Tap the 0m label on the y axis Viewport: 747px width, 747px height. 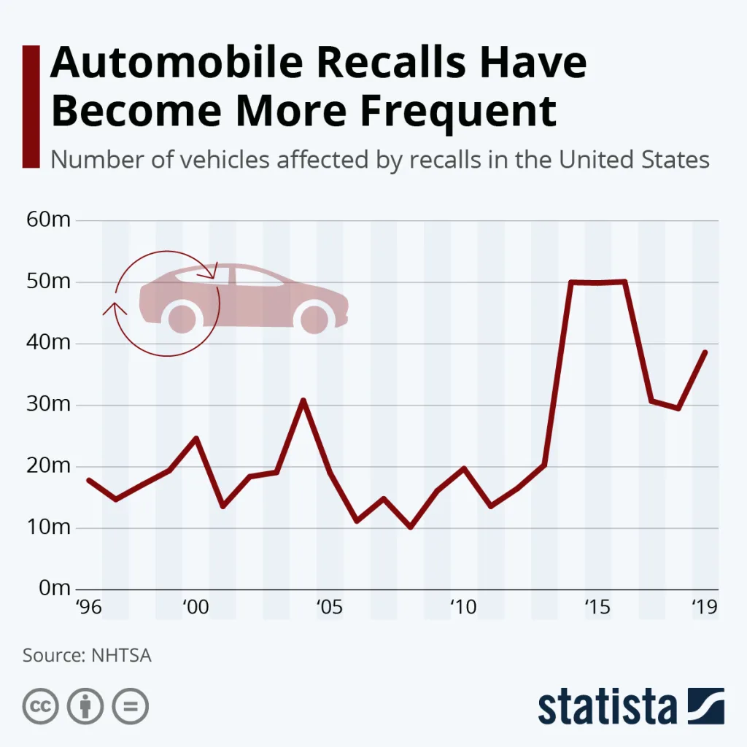[54, 588]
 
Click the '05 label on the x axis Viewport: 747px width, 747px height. [329, 607]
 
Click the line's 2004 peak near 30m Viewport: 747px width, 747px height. [303, 400]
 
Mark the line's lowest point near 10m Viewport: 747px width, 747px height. [411, 526]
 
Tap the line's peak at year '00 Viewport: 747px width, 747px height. [196, 438]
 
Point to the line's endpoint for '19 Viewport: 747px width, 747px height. [705, 352]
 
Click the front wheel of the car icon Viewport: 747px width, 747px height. [314, 319]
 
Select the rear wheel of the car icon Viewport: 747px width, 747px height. [182, 318]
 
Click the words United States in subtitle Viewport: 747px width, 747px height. [635, 159]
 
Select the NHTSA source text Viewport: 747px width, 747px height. [120, 654]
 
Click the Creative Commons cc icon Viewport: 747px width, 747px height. [41, 706]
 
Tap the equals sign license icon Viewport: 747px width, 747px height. [130, 706]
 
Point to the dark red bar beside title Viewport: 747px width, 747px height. [31, 106]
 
